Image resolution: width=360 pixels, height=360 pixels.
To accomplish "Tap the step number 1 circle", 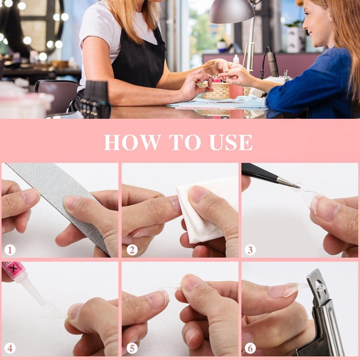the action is click(x=10, y=250).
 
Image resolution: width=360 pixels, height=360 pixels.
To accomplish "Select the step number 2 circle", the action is click(x=132, y=250).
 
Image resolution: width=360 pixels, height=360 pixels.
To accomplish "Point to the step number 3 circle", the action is click(x=250, y=250).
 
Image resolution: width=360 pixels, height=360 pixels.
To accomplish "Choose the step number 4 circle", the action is click(x=10, y=348).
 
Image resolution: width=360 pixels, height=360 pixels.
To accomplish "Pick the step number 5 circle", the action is click(x=132, y=348).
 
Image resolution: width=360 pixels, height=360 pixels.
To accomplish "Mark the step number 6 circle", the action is click(x=250, y=348).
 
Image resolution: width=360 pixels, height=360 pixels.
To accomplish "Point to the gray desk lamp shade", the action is click(x=232, y=12).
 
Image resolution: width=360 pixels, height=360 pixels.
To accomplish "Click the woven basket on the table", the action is click(x=216, y=91).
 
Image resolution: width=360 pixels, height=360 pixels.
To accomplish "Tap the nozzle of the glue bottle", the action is click(x=35, y=292).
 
